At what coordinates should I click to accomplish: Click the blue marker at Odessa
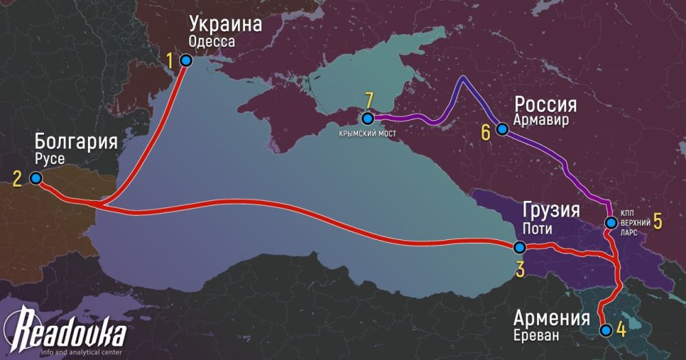coord(185,61)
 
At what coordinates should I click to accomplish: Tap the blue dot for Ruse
coord(36,178)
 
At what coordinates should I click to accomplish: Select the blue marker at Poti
coord(519,248)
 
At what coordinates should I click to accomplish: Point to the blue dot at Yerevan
coord(605,330)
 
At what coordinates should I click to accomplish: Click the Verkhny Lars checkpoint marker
coord(611,222)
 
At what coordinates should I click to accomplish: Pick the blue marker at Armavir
coord(502,129)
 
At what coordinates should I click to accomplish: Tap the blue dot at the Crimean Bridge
coord(368,117)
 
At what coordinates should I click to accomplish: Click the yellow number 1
coord(169,61)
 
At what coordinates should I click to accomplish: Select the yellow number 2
coord(17,180)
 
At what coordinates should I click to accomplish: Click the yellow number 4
coord(621,329)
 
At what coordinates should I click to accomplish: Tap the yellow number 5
coord(657,221)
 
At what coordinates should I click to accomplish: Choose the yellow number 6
coord(486,132)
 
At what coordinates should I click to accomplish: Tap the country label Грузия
coord(551,210)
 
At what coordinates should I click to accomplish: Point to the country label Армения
coord(550,319)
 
